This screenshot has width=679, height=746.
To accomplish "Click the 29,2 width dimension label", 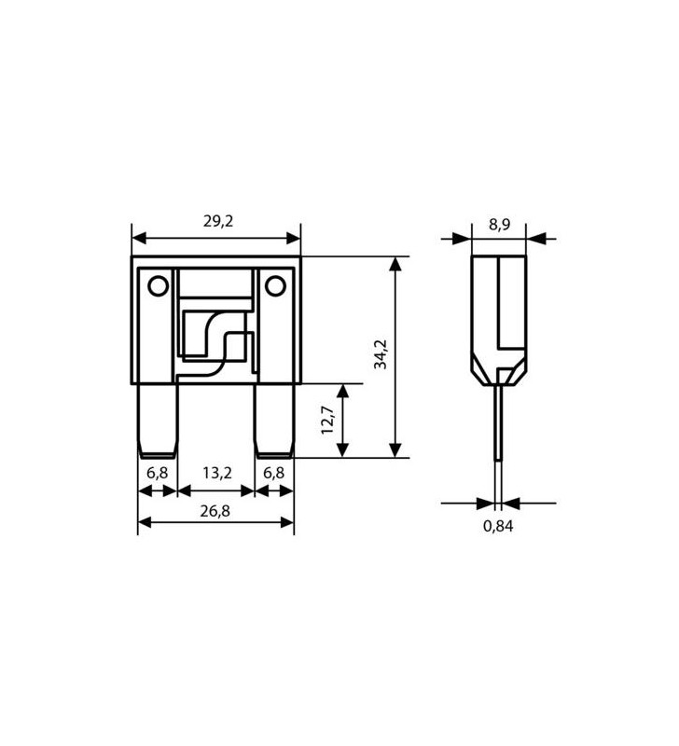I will pyautogui.click(x=217, y=221).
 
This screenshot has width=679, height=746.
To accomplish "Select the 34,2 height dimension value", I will pyautogui.click(x=380, y=354).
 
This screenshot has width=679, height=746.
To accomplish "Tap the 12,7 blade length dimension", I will pyautogui.click(x=327, y=420).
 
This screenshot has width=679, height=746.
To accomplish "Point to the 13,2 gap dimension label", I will pyautogui.click(x=215, y=473).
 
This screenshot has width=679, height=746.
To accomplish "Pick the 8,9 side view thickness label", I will pyautogui.click(x=499, y=225).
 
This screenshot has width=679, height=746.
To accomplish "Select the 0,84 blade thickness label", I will pyautogui.click(x=498, y=526).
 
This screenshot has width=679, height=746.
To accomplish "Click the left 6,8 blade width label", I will pyautogui.click(x=158, y=473).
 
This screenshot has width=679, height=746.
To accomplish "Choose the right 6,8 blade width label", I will pyautogui.click(x=273, y=473).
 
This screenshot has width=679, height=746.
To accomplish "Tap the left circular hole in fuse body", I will pyautogui.click(x=159, y=285).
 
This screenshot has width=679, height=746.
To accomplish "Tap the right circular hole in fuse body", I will pyautogui.click(x=274, y=285).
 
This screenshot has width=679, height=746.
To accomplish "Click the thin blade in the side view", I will pyautogui.click(x=499, y=424).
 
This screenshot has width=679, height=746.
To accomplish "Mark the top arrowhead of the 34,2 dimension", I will pyautogui.click(x=395, y=264).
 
